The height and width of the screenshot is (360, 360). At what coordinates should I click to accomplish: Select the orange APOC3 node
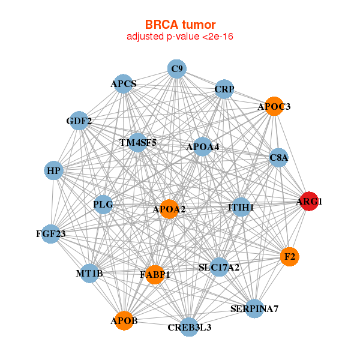[274, 106]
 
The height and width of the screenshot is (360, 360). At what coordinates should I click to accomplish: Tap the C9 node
[176, 69]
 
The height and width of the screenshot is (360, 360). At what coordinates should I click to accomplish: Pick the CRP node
[224, 89]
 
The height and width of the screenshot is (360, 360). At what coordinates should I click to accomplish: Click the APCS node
[124, 83]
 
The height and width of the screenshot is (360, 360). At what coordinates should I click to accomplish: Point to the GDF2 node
[79, 121]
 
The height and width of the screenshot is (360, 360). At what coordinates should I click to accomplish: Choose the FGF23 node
[50, 233]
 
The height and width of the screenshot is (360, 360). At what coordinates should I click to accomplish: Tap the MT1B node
[89, 274]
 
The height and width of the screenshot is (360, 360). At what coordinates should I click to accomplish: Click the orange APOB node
[124, 321]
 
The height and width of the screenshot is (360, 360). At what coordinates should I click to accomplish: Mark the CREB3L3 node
[189, 327]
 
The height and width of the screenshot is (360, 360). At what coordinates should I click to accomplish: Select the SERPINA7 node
[254, 309]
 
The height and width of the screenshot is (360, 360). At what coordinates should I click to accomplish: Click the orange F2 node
[290, 257]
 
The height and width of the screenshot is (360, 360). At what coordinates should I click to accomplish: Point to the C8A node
[279, 158]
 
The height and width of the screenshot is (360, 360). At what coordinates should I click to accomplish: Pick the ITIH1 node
[241, 207]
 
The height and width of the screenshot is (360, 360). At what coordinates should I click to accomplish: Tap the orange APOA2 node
[169, 209]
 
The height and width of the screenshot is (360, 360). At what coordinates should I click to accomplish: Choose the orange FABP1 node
[155, 275]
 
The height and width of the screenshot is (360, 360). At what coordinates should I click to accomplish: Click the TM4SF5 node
[138, 143]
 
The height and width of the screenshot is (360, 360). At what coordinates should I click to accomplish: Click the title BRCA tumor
[180, 25]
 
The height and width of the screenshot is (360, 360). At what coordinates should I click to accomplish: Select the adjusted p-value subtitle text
[180, 37]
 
